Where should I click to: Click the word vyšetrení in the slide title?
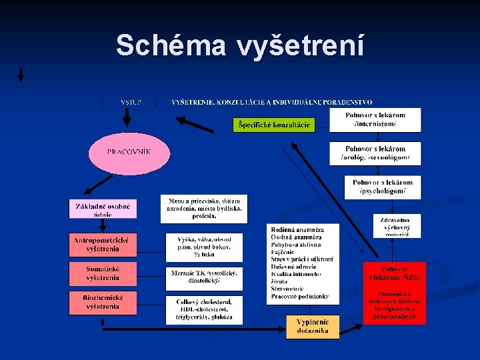click(x=299, y=45)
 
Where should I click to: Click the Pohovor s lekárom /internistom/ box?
click(x=375, y=120)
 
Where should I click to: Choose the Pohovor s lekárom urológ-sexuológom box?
click(x=375, y=153)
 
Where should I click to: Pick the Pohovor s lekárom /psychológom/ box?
click(x=382, y=187)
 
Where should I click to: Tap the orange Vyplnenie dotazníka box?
click(x=313, y=327)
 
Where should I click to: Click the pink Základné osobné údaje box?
click(x=103, y=208)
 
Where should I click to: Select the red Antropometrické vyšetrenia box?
click(x=103, y=245)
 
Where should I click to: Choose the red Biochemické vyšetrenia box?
click(x=103, y=303)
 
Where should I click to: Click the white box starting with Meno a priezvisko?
click(x=204, y=209)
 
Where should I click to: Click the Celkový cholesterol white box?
click(x=204, y=310)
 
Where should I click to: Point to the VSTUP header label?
click(x=130, y=102)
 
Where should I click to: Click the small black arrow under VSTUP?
click(x=127, y=119)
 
